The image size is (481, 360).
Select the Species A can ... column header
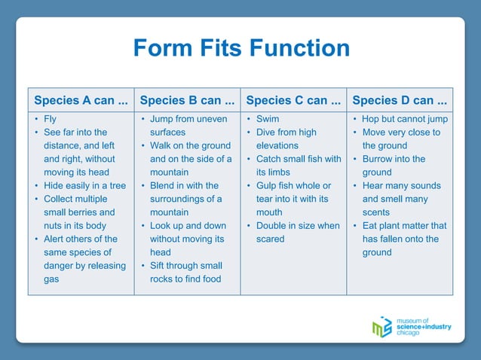[81, 99]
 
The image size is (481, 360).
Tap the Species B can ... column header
[187, 99]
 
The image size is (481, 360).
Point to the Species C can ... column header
[293, 99]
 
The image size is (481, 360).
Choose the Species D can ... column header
[400, 99]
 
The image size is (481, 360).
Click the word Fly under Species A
[50, 119]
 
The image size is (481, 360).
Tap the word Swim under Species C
[268, 119]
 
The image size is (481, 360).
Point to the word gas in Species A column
[52, 279]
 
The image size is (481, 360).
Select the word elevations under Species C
[277, 145]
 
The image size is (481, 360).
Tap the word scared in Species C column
[271, 239]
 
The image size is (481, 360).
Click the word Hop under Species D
[372, 119]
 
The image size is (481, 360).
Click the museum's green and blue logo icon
[382, 328]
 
